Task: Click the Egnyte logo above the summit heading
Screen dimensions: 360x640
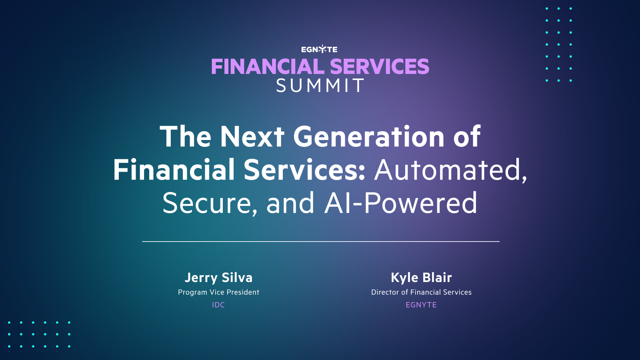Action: tap(319, 49)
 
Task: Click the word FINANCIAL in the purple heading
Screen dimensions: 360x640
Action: tap(267, 67)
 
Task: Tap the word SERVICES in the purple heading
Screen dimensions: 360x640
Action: tap(379, 67)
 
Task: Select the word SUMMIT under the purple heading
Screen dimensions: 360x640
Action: tap(320, 86)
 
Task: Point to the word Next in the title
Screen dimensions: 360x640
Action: tap(252, 137)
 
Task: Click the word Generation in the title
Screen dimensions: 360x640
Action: tap(369, 137)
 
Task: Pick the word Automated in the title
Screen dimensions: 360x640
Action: tap(450, 170)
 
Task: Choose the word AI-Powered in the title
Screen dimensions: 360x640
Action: tap(401, 203)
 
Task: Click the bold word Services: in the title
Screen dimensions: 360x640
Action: tap(304, 170)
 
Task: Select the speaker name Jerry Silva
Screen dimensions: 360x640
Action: tap(218, 278)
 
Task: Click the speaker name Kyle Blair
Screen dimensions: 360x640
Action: tap(421, 278)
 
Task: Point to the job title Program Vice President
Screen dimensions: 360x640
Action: tap(218, 292)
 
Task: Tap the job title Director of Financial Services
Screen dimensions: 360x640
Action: tap(421, 292)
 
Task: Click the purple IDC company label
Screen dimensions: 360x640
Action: tap(218, 305)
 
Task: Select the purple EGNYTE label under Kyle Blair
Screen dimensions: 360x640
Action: tap(421, 305)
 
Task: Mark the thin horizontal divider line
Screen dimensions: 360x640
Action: tap(320, 242)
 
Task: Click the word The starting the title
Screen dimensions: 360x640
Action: tap(185, 137)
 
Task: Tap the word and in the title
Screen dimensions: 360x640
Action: tap(290, 203)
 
